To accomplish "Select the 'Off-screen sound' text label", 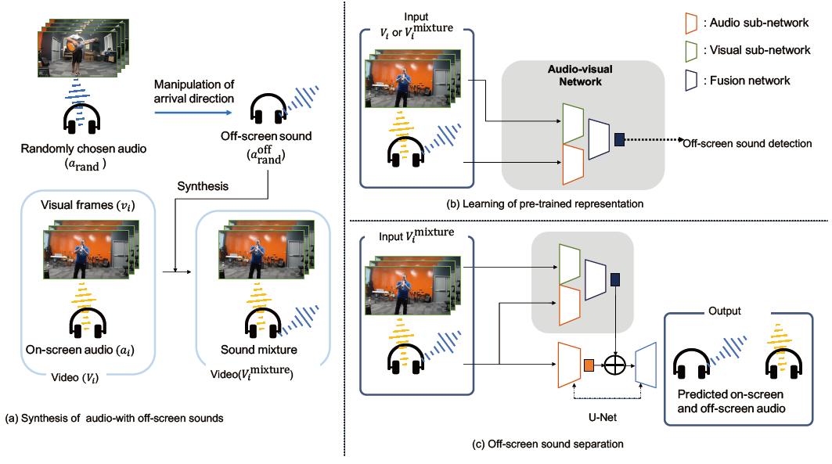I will [x=277, y=136].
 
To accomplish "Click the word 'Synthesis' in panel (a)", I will [x=203, y=187].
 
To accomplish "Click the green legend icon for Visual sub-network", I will [x=701, y=51].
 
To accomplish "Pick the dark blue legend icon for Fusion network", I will [x=701, y=80].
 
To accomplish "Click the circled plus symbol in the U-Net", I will [x=618, y=362].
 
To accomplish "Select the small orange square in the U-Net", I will [x=589, y=362].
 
